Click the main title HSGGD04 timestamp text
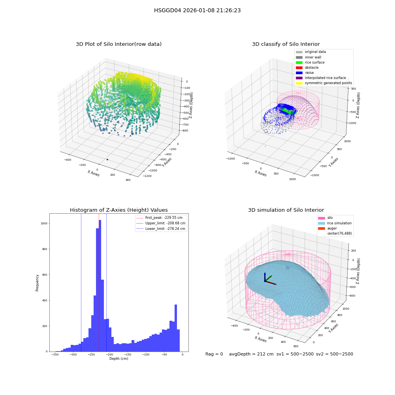197,10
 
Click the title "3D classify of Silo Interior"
286,44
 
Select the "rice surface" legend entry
310,62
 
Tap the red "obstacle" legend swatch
299,68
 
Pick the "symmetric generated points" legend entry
324,83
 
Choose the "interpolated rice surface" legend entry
321,78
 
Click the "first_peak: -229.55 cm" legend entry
160,218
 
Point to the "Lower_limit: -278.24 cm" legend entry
161,229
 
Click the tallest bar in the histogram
100,286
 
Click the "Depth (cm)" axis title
118,359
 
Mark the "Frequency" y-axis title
37,283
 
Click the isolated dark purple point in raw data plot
107,160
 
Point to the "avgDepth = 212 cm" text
251,354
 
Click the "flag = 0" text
214,354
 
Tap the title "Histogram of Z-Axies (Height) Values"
118,210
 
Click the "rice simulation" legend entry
335,223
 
